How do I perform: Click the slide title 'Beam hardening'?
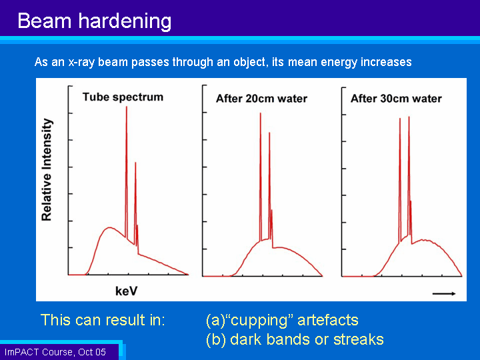94,21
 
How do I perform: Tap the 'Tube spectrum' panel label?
123,97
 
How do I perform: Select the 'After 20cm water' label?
261,99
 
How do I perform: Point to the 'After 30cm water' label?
396,99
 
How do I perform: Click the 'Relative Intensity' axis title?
47,169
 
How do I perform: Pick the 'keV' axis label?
126,291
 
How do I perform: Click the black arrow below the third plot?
444,294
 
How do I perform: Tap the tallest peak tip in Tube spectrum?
127,107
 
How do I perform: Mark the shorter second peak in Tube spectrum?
135,163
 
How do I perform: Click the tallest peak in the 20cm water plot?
261,113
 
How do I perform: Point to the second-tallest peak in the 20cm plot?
269,133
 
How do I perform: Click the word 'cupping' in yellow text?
259,321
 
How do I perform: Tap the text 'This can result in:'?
103,320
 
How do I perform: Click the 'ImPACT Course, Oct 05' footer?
55,352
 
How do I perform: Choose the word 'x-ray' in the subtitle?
81,63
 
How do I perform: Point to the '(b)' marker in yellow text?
216,340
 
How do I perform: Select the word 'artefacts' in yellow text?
328,320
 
